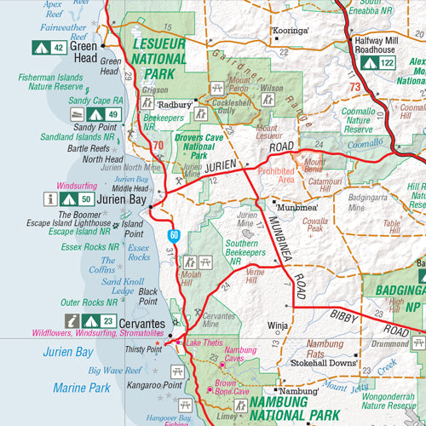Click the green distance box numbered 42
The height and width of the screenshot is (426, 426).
click(x=57, y=48)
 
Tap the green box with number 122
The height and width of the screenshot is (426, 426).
click(x=387, y=62)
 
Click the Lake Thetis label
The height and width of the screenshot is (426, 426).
click(x=204, y=343)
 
